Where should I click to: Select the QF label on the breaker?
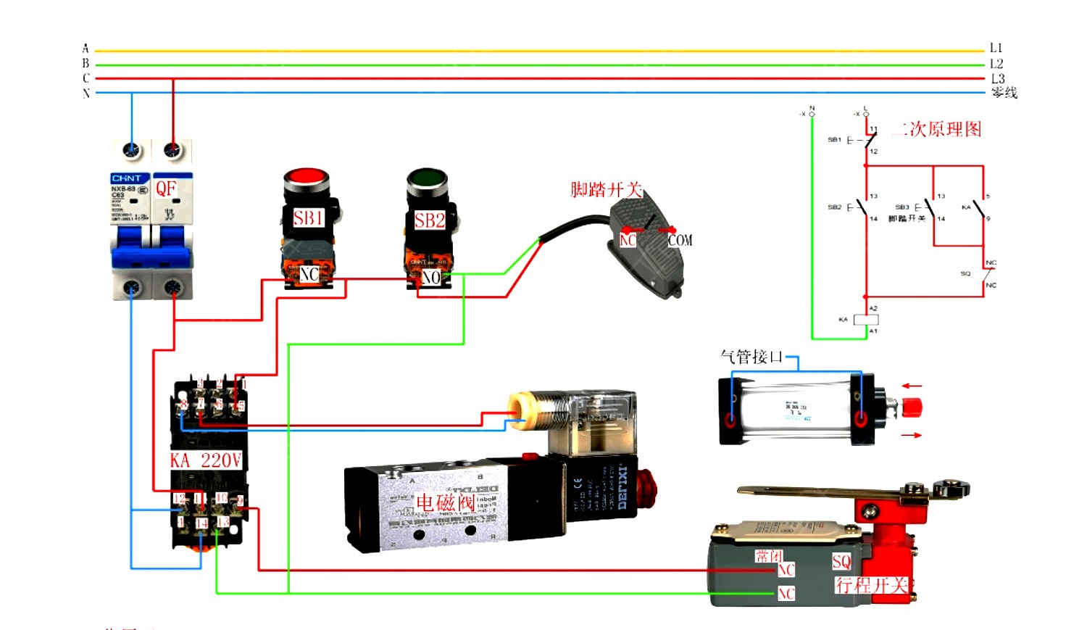[166, 188]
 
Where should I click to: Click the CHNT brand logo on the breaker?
[127, 178]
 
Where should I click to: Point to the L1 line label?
[996, 48]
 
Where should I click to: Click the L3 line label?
[998, 78]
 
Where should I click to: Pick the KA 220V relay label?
[206, 460]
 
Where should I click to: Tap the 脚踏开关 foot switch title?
[607, 190]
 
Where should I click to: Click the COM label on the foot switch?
[680, 241]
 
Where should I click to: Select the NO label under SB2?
[431, 278]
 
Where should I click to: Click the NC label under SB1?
[309, 275]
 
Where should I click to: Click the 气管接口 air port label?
[751, 357]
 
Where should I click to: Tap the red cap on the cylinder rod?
[912, 407]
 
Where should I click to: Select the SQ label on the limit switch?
[841, 562]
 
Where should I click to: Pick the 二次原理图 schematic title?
[939, 130]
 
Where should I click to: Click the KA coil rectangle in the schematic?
[866, 320]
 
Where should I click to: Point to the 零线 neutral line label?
[1004, 93]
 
